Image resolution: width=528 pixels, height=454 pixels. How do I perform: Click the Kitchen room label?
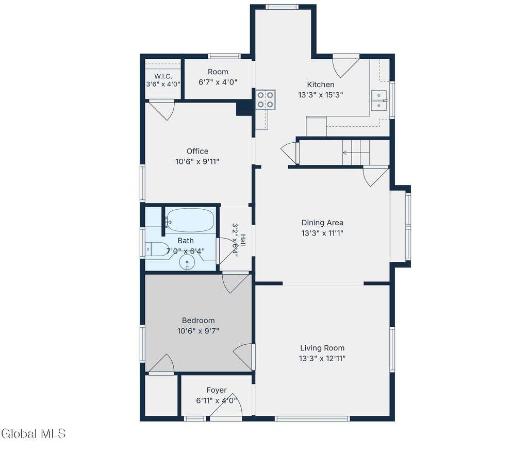click(321, 85)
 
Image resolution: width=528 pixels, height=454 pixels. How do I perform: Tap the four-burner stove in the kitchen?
click(266, 100)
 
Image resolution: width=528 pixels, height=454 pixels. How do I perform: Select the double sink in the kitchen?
click(379, 100)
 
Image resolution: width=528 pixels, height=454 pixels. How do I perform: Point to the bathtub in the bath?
click(191, 221)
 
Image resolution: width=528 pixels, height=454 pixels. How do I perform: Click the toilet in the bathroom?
click(157, 249)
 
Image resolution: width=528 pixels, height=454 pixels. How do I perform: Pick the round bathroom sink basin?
click(187, 262)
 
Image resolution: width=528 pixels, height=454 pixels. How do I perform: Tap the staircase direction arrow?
click(356, 153)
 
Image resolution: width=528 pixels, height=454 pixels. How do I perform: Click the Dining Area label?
click(322, 223)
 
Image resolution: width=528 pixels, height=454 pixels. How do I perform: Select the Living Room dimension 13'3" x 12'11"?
click(322, 359)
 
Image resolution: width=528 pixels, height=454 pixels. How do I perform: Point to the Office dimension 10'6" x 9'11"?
click(197, 161)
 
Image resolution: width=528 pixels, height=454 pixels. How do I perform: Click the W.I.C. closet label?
click(163, 76)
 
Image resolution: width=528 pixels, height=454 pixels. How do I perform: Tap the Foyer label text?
click(217, 390)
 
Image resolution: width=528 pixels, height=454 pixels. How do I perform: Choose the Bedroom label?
click(199, 321)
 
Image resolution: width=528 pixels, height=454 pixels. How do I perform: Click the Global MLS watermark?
click(34, 433)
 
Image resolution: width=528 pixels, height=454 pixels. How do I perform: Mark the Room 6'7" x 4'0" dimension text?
click(218, 82)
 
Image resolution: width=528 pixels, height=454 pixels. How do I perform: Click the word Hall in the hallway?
click(243, 240)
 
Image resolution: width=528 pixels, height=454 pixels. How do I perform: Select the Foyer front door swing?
click(226, 405)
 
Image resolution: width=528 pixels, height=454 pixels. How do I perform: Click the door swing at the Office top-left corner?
click(162, 110)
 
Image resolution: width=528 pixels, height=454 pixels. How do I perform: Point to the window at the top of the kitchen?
click(282, 7)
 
